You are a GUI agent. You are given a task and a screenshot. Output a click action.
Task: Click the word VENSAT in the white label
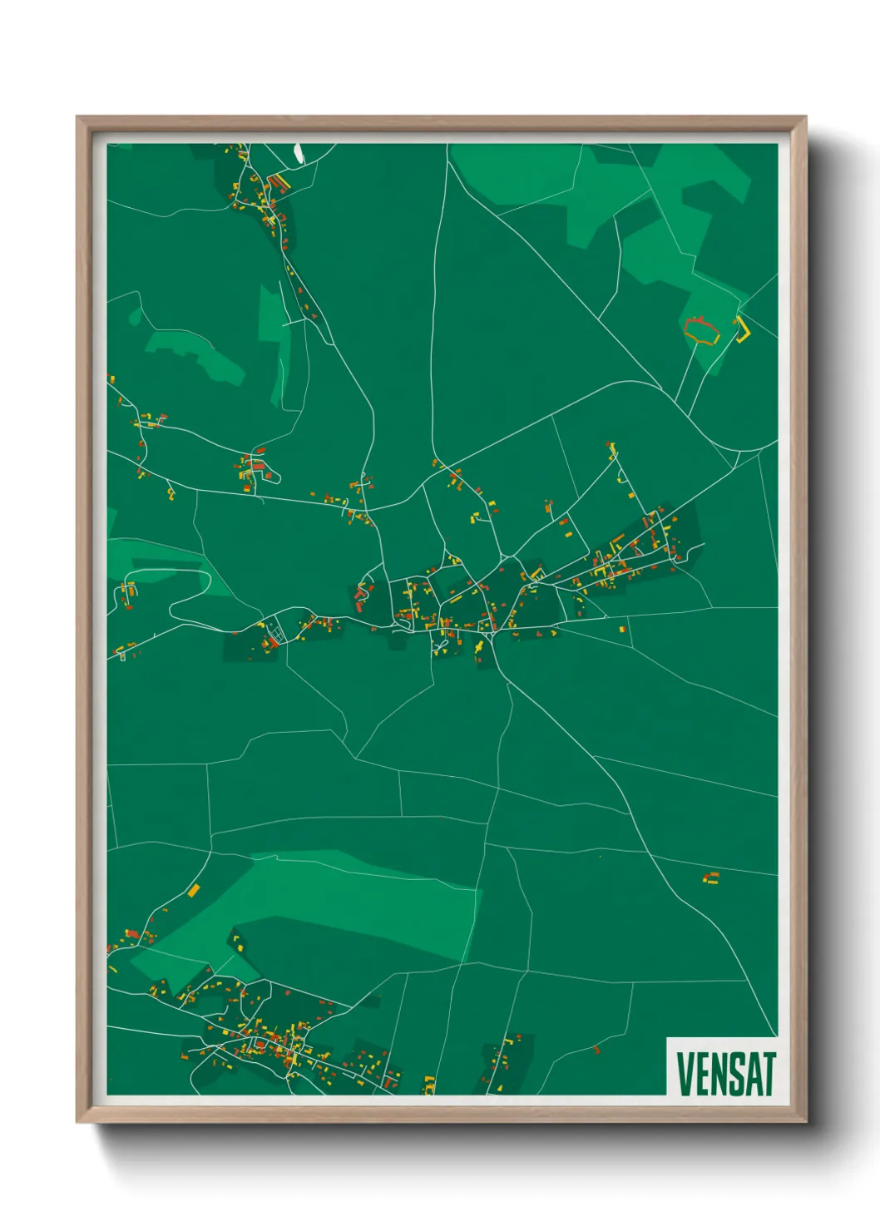pyautogui.click(x=725, y=1074)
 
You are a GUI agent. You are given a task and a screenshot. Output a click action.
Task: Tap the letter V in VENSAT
pyautogui.click(x=685, y=1074)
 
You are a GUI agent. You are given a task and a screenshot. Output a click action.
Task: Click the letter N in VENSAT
pyautogui.click(x=716, y=1074)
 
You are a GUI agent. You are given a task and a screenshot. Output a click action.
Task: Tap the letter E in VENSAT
pyautogui.click(x=700, y=1074)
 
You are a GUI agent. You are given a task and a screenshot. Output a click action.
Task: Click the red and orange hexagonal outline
pyautogui.click(x=700, y=330)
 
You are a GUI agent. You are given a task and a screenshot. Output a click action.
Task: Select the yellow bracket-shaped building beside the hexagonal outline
pyautogui.click(x=743, y=329)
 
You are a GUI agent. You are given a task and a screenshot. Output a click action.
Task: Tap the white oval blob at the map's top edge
pyautogui.click(x=299, y=153)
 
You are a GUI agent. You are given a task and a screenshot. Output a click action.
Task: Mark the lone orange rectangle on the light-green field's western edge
pyautogui.click(x=194, y=891)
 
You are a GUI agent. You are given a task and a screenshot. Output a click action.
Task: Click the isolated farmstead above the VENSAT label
pyautogui.click(x=710, y=878)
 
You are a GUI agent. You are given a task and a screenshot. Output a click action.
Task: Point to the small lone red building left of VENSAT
pyautogui.click(x=596, y=1050)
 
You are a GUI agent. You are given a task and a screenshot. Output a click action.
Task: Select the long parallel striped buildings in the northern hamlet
pyautogui.click(x=279, y=181)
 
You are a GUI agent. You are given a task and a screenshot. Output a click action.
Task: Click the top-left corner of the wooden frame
pyautogui.click(x=77, y=117)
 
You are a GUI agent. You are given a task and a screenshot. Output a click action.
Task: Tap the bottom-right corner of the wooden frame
pyautogui.click(x=806, y=1122)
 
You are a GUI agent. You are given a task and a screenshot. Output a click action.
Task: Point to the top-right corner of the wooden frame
pyautogui.click(x=806, y=117)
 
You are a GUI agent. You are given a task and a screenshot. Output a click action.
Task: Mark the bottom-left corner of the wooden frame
pyautogui.click(x=77, y=1122)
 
